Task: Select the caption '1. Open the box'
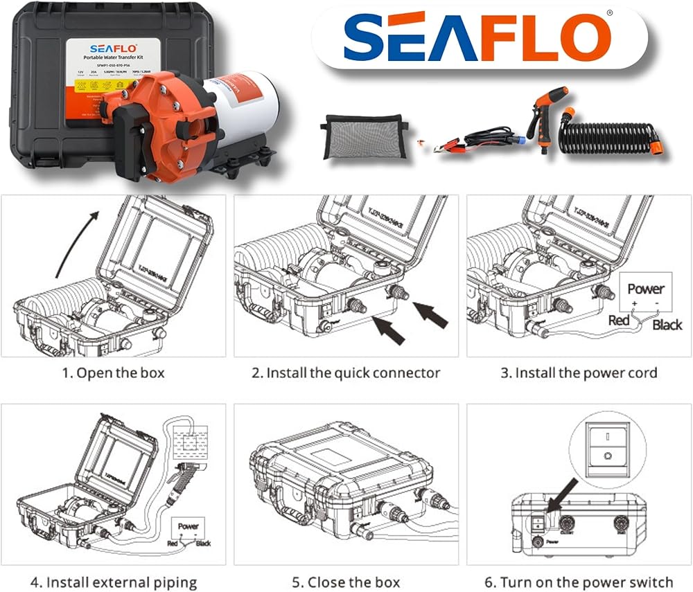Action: pyautogui.click(x=114, y=373)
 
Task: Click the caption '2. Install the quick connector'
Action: pyautogui.click(x=346, y=373)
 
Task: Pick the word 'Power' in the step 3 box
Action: pyautogui.click(x=645, y=289)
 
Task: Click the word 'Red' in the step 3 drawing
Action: pyautogui.click(x=619, y=321)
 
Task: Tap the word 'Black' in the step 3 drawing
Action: pyautogui.click(x=667, y=324)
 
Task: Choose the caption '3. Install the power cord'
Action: pyautogui.click(x=579, y=373)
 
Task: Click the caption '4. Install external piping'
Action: pyautogui.click(x=114, y=582)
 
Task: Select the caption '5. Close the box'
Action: pyautogui.click(x=346, y=582)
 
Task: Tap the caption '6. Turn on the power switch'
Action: pyautogui.click(x=579, y=582)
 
